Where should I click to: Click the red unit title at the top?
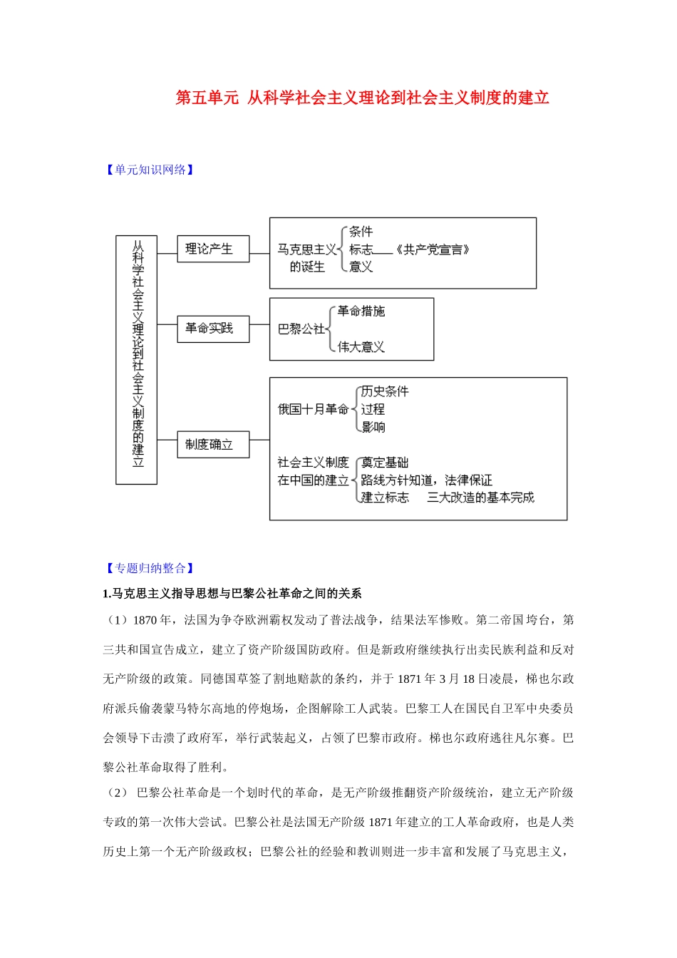coord(362,98)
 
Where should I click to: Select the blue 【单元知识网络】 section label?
coord(150,170)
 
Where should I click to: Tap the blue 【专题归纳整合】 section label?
coord(150,568)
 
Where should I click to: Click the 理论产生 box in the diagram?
coord(212,249)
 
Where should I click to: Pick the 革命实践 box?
coord(212,329)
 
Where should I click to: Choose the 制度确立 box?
coord(212,445)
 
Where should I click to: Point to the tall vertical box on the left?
coord(137,360)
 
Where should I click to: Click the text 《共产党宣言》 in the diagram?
coord(432,249)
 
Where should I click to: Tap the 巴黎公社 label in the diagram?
coord(300,329)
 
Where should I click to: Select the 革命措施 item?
coord(361,311)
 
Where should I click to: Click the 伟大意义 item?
coord(361,347)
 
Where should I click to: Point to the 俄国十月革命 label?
coord(313,409)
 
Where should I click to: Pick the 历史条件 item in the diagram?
coord(385,391)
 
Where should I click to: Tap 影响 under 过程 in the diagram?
coord(373,427)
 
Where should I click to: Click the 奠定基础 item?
coord(385,463)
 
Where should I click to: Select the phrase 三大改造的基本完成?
coord(480,498)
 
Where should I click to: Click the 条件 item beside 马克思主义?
coord(361,232)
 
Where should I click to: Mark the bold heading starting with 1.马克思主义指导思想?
coord(232,594)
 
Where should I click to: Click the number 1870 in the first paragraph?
coord(144,620)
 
